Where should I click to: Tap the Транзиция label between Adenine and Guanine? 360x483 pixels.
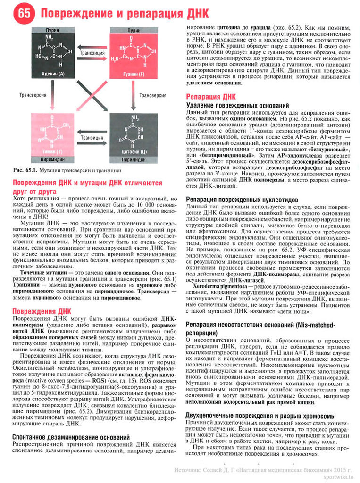93,53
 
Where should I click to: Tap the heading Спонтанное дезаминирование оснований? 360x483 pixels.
71,437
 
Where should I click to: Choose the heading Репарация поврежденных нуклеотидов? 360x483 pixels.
242,199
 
